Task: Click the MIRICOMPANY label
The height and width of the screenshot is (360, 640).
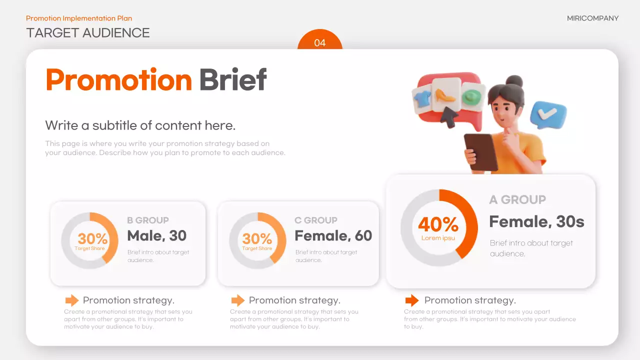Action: point(592,18)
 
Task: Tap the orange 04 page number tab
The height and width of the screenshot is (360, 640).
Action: point(319,42)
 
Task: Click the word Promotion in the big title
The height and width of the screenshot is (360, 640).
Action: point(118,80)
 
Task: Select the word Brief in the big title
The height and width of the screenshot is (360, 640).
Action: point(232,80)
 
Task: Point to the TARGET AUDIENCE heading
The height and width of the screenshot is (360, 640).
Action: point(88,33)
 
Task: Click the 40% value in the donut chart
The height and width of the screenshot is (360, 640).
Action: point(438,225)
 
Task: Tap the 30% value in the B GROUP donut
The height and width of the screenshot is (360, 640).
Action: point(92,239)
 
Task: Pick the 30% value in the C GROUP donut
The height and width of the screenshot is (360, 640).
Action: point(257,239)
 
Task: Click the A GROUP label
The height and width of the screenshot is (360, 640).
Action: point(517,200)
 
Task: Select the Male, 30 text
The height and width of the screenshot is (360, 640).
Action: point(156,235)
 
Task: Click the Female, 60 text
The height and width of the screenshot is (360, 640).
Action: point(333,235)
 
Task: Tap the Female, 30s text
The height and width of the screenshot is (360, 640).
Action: point(536,221)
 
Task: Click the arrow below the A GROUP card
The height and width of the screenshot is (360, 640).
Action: point(411,300)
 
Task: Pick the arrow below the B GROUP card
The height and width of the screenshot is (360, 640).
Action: point(72,300)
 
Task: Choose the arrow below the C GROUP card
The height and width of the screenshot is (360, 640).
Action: point(237,300)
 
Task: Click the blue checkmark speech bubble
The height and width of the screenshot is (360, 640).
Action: point(548,114)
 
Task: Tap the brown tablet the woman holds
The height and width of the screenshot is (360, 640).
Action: point(481,151)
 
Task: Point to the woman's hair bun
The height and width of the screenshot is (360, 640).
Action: point(514,81)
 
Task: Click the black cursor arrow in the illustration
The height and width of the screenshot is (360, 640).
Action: point(449,118)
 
